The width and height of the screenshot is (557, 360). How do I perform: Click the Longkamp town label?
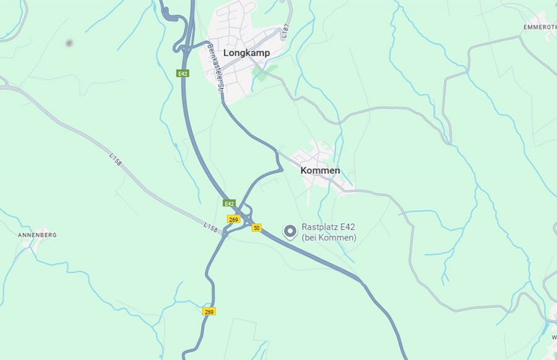point(246,53)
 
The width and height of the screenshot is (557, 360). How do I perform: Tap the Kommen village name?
point(320,170)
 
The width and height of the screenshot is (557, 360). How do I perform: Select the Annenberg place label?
point(37,235)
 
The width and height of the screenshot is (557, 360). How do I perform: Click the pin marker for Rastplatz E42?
point(290,232)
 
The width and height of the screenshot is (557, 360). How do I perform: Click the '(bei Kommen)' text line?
point(329,238)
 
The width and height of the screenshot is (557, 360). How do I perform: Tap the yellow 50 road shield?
point(256,228)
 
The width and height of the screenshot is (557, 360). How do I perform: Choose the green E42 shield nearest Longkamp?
point(182,74)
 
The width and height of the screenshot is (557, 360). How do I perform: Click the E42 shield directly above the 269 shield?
point(229,204)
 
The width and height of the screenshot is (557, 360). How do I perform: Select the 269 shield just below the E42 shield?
point(233,219)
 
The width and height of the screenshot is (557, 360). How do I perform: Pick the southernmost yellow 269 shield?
point(209,312)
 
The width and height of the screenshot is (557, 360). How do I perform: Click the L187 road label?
point(285,33)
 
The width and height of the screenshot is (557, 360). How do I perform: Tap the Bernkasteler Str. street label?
point(215,68)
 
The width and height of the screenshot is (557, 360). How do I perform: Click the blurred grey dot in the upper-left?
point(68,43)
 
